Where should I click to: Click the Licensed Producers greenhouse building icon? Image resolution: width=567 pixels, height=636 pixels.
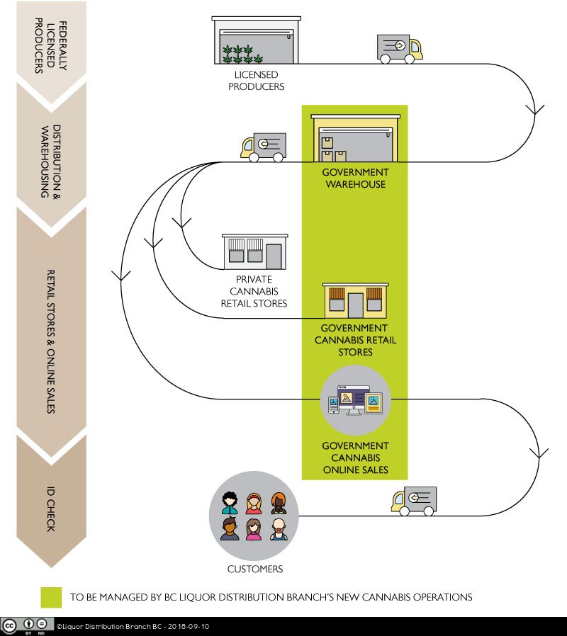(x=256, y=41)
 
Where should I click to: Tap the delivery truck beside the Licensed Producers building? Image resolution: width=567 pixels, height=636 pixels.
(x=400, y=48)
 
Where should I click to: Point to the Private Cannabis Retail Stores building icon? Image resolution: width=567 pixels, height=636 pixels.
(x=255, y=251)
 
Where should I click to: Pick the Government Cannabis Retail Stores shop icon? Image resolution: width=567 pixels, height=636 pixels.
(x=354, y=300)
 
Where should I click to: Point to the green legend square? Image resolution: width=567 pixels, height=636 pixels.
(x=50, y=596)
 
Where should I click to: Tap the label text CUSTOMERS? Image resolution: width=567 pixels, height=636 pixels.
(x=255, y=569)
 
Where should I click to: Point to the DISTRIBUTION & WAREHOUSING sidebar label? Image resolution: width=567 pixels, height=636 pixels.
(x=51, y=161)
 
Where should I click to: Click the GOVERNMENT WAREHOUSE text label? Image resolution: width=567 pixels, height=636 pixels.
(x=354, y=178)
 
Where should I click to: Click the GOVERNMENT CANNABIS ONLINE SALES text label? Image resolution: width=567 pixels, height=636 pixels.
(x=355, y=458)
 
